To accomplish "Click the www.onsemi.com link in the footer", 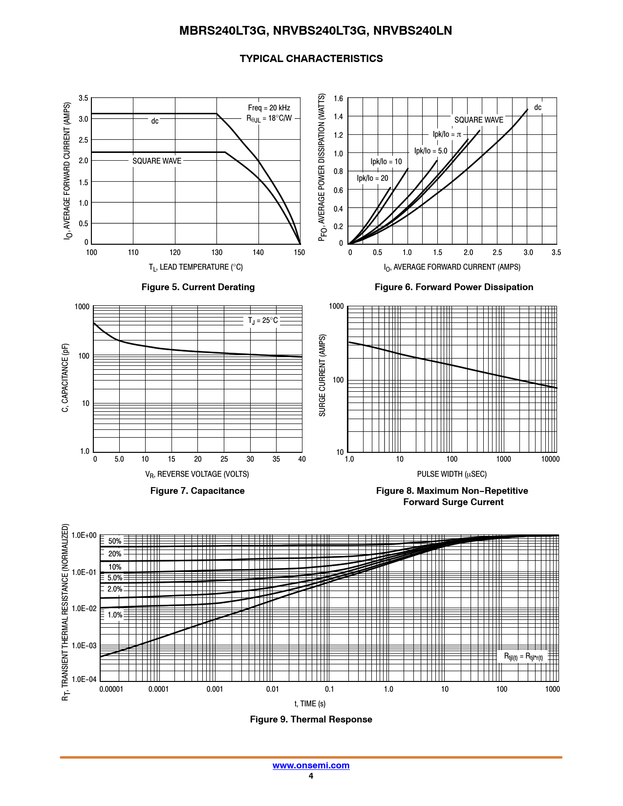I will [x=311, y=765].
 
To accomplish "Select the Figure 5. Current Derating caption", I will [x=198, y=287].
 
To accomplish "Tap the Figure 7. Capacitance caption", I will [x=197, y=491].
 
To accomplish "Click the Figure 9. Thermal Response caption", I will [x=311, y=720].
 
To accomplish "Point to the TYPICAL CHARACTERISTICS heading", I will [x=311, y=59].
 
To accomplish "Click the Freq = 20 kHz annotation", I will [x=269, y=108].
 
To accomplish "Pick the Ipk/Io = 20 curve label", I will [x=372, y=178].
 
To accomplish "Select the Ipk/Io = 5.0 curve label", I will [x=430, y=151].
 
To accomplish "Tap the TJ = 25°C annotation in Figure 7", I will [x=263, y=320].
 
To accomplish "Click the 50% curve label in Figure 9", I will [x=115, y=541].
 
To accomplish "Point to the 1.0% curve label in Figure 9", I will [x=115, y=615].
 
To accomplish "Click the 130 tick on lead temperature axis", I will [x=217, y=253].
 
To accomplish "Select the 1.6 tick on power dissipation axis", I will [x=339, y=99].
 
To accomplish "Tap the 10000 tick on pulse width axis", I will [x=550, y=459].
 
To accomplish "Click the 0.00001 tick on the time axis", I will [x=111, y=689].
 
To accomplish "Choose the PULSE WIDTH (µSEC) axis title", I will [x=451, y=474].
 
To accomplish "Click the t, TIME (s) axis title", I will [x=310, y=704].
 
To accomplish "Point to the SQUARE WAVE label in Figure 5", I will [x=157, y=161].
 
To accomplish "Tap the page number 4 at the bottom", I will [x=311, y=776].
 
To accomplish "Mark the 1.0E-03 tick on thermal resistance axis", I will [x=84, y=646].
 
